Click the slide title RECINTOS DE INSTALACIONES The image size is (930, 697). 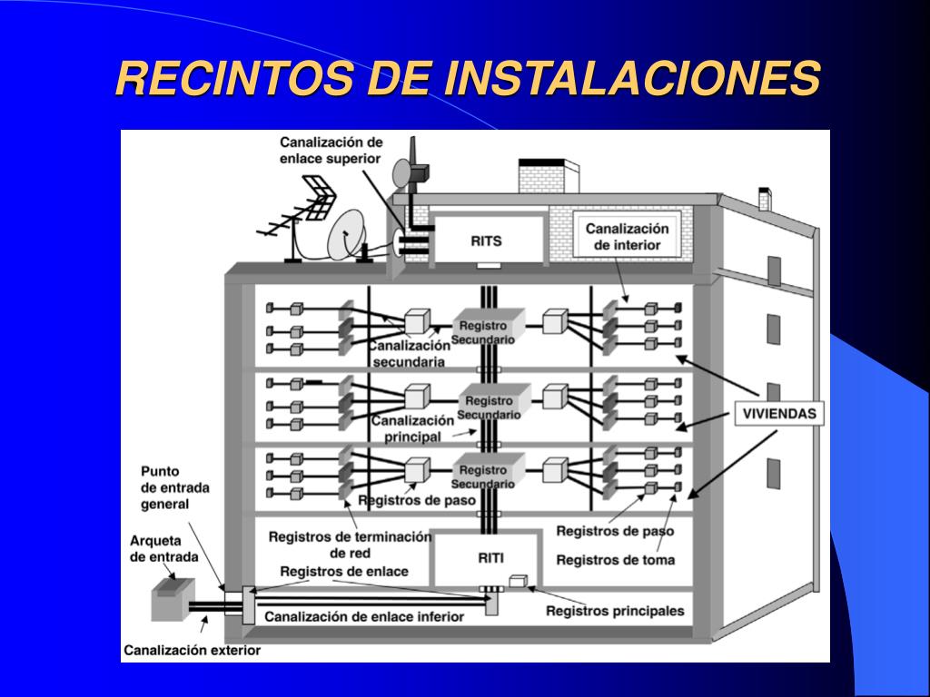pyautogui.click(x=468, y=79)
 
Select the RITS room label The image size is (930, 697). pyautogui.click(x=486, y=241)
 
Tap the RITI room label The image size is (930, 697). pyautogui.click(x=490, y=558)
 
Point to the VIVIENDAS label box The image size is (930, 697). pyautogui.click(x=779, y=414)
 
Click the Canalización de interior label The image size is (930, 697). pyautogui.click(x=627, y=237)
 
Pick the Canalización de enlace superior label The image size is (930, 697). pyautogui.click(x=331, y=150)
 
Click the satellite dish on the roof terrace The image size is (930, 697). pyautogui.click(x=348, y=235)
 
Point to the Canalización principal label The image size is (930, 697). pyautogui.click(x=412, y=428)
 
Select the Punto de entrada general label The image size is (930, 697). pyautogui.click(x=174, y=487)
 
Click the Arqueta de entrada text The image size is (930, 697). pyautogui.click(x=155, y=549)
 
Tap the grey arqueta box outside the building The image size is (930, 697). pyautogui.click(x=171, y=600)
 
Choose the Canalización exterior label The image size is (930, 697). pyautogui.click(x=192, y=650)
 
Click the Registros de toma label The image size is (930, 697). pyautogui.click(x=615, y=560)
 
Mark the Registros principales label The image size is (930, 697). pyautogui.click(x=615, y=611)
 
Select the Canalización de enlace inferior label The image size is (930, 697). pyautogui.click(x=364, y=616)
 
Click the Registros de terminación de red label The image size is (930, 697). pyautogui.click(x=350, y=545)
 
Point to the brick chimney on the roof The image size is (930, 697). pyautogui.click(x=548, y=176)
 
